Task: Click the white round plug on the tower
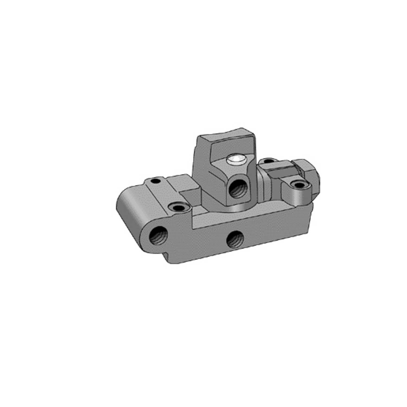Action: click(x=236, y=160)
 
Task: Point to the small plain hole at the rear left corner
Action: click(x=155, y=181)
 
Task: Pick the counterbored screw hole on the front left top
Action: click(x=178, y=208)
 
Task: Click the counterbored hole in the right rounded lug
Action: click(x=299, y=185)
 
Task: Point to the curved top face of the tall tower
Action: click(x=227, y=135)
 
